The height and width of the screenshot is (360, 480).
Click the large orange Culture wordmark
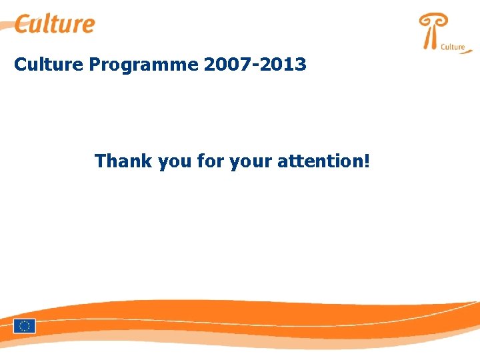pyautogui.click(x=55, y=24)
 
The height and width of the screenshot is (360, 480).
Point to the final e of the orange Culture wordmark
pyautogui.click(x=87, y=26)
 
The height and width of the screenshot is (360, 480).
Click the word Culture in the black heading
pyautogui.click(x=49, y=65)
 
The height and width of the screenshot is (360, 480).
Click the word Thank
pyautogui.click(x=124, y=161)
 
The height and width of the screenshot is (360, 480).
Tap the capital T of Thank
pyautogui.click(x=101, y=161)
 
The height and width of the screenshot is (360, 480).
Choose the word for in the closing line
pyautogui.click(x=210, y=161)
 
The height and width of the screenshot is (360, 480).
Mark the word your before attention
pyautogui.click(x=250, y=163)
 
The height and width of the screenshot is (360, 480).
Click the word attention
pyautogui.click(x=319, y=161)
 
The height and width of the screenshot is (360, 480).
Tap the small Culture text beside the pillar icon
pyautogui.click(x=453, y=47)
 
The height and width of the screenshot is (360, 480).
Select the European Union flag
pyautogui.click(x=25, y=326)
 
